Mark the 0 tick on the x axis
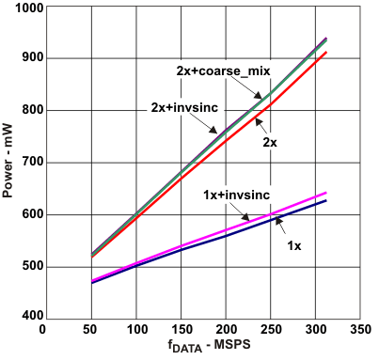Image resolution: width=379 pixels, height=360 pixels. point(42,330)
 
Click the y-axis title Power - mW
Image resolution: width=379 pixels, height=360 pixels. point(8,163)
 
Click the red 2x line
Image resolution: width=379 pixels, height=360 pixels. point(188,140)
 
